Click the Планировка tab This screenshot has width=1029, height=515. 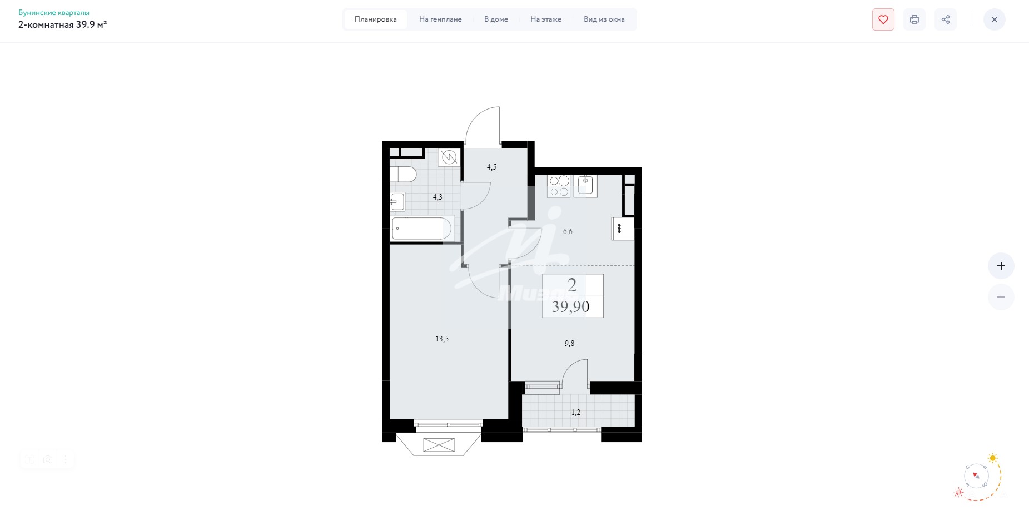[x=376, y=19]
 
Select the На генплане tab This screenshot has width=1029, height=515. [x=440, y=19]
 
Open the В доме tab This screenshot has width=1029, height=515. [x=496, y=19]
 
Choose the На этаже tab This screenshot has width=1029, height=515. [x=546, y=19]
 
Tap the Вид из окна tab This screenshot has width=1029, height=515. [x=604, y=19]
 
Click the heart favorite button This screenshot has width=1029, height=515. [x=883, y=19]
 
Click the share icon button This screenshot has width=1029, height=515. [x=946, y=19]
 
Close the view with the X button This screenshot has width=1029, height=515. [x=995, y=19]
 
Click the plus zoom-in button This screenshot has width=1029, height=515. [x=1001, y=266]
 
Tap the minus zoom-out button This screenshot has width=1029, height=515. [x=1001, y=297]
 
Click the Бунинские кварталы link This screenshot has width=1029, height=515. [x=54, y=12]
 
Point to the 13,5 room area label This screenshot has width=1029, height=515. [x=442, y=339]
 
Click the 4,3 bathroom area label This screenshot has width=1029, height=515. [x=438, y=197]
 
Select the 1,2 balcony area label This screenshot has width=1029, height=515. [x=576, y=412]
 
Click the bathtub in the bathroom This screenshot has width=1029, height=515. [x=422, y=229]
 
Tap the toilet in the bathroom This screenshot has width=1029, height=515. [x=404, y=174]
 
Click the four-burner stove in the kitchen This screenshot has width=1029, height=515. [x=559, y=186]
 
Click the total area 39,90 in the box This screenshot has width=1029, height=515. [x=571, y=306]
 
